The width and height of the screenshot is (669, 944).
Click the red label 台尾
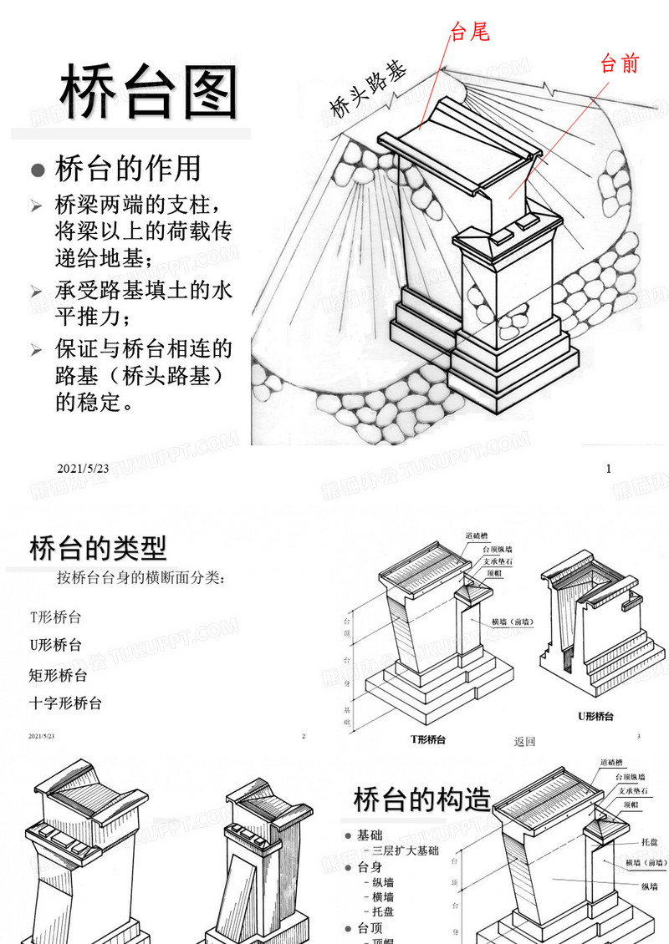469,33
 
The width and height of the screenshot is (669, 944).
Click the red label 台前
620,63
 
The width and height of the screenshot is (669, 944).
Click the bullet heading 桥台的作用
127,169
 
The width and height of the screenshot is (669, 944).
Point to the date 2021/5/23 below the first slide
84,469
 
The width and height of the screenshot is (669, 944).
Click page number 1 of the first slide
609,469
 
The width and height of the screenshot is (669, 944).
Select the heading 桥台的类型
98,548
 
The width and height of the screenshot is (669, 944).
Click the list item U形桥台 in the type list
56,645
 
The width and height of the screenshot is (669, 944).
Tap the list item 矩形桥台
58,675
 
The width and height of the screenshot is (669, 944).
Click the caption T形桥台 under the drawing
428,739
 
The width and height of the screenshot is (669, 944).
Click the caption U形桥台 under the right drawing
596,716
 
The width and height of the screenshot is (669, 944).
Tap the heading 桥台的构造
421,799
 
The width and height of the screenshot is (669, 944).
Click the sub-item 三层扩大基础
406,850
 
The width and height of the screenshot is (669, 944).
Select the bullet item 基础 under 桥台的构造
369,835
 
